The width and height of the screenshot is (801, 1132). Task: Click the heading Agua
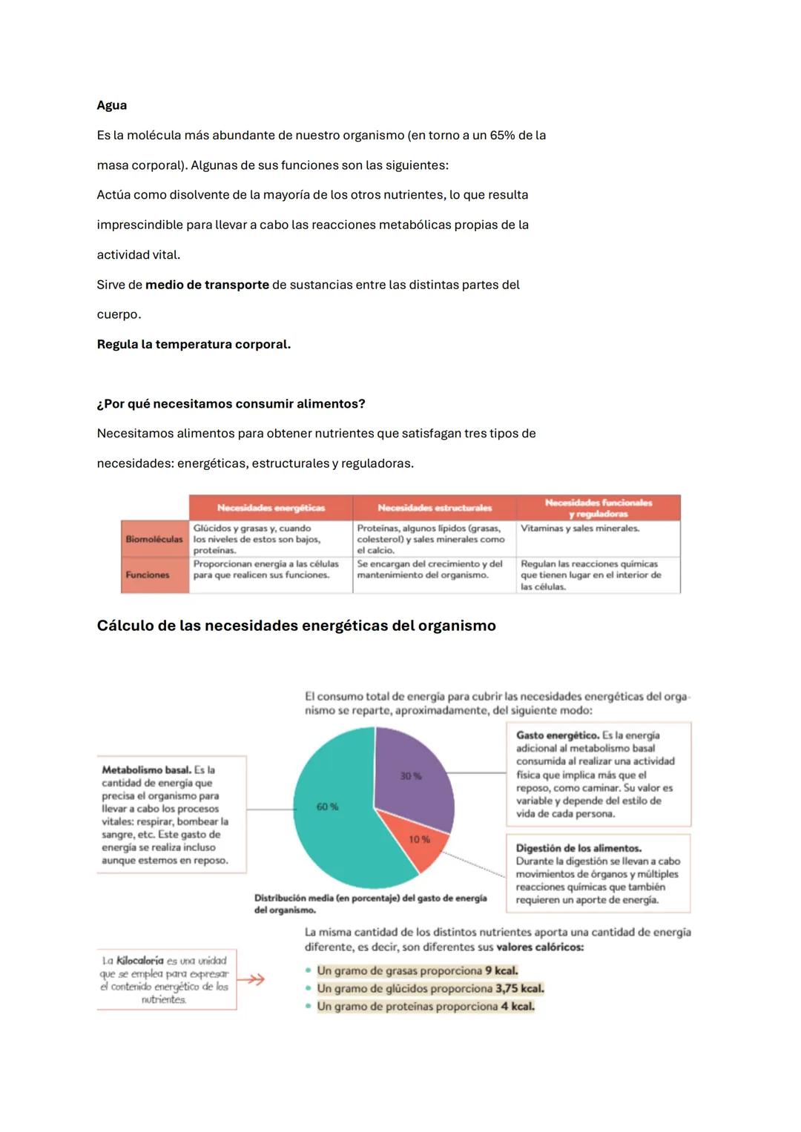tap(111, 105)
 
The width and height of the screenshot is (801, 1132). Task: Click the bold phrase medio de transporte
tap(207, 285)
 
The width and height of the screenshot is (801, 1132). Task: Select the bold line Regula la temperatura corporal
tap(194, 345)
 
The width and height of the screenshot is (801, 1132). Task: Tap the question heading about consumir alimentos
tap(231, 404)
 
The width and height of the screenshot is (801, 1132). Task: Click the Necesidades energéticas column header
tap(271, 508)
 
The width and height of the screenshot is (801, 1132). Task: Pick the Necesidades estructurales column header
tap(435, 508)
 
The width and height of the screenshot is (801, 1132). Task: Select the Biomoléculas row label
tap(154, 539)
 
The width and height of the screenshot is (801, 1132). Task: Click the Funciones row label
tap(148, 575)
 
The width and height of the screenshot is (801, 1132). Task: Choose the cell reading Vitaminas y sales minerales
tap(579, 529)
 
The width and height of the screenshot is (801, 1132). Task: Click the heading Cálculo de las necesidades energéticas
tap(296, 626)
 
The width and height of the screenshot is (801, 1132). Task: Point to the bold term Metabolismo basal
tap(146, 770)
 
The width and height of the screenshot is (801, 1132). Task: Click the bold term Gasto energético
tap(557, 735)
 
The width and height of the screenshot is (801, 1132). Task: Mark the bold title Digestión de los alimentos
tap(578, 848)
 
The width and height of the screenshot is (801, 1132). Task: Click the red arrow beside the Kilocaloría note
tap(254, 980)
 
